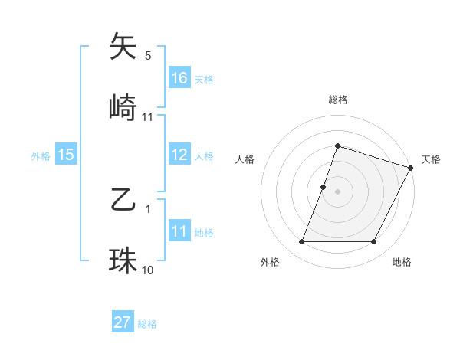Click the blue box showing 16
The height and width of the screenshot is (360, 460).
pyautogui.click(x=179, y=77)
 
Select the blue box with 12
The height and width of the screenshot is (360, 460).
pyautogui.click(x=179, y=155)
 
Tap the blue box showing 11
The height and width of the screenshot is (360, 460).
pyautogui.click(x=179, y=231)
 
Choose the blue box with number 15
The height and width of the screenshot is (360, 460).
pyautogui.click(x=66, y=155)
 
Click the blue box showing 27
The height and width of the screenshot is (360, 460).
pyautogui.click(x=123, y=322)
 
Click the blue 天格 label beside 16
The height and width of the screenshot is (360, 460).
pyautogui.click(x=204, y=79)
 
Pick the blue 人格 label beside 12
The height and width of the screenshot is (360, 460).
pyautogui.click(x=204, y=156)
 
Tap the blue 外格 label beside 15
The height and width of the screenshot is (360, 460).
pyautogui.click(x=41, y=156)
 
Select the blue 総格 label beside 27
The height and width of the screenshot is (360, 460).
pyautogui.click(x=147, y=324)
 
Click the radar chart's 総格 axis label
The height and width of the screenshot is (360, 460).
pyautogui.click(x=337, y=100)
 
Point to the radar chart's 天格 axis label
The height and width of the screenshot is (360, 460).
pyautogui.click(x=431, y=159)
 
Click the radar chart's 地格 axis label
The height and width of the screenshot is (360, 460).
pyautogui.click(x=402, y=263)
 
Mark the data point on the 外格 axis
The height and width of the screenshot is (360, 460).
pyautogui.click(x=301, y=242)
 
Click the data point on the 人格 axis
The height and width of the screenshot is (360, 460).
pyautogui.click(x=324, y=186)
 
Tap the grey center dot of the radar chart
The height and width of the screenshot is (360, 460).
pyautogui.click(x=337, y=191)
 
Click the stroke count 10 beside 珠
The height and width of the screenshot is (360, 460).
pyautogui.click(x=148, y=270)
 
